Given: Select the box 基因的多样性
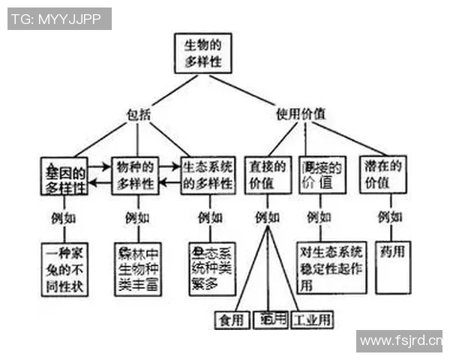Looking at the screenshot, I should [x=64, y=176].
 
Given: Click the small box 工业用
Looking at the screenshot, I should [x=311, y=319].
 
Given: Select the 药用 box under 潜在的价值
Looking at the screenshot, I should [x=391, y=266].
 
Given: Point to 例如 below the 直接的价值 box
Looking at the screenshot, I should [x=267, y=218].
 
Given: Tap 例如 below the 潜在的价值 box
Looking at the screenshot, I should [x=390, y=218].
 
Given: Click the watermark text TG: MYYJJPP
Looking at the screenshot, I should [x=59, y=19].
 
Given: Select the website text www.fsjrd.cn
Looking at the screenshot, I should [x=400, y=341].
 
